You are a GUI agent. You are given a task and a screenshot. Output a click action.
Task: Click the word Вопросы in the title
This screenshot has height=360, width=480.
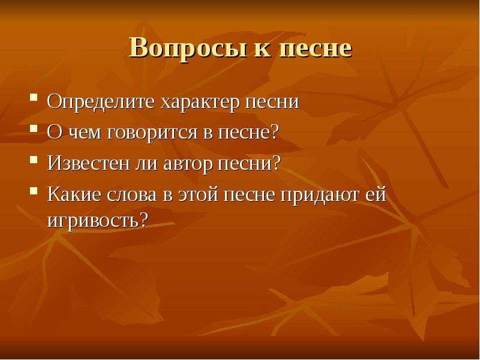click(188, 49)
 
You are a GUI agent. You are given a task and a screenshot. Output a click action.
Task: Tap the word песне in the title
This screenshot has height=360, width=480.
click(316, 49)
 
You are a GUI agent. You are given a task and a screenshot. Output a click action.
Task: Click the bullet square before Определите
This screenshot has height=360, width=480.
click(34, 98)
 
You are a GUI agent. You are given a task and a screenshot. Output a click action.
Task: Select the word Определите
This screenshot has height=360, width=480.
click(101, 102)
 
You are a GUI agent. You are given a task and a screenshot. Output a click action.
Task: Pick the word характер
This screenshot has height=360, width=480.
click(200, 103)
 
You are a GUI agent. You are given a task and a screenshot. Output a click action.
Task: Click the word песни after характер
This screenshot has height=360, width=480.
click(272, 102)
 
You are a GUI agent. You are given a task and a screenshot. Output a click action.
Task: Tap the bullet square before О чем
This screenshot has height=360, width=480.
click(34, 128)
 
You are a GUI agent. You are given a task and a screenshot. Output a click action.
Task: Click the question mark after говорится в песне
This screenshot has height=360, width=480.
click(274, 131)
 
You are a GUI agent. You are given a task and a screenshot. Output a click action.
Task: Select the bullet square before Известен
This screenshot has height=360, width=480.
click(34, 159)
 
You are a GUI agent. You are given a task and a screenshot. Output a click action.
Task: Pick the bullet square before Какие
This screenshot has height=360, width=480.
click(34, 191)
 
